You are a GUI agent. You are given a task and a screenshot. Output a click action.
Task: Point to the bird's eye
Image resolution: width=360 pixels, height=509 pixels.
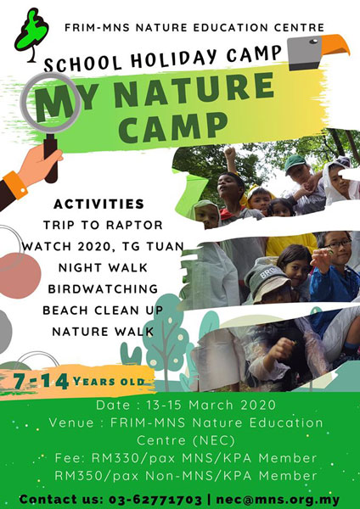tap(313, 42)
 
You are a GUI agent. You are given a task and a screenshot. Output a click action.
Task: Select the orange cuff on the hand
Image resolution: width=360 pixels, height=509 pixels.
tap(15, 185)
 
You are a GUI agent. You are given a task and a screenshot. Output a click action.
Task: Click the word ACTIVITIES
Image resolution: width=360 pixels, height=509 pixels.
tap(99, 204)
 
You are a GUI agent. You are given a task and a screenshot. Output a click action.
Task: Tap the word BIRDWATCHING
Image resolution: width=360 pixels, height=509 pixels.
tap(103, 289)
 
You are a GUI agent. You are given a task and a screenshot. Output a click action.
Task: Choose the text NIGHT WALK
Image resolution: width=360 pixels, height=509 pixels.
tap(103, 268)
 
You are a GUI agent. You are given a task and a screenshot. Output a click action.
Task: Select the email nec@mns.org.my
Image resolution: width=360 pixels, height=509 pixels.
tap(278, 500)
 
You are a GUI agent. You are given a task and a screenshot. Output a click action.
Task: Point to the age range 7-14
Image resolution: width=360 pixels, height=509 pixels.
tap(41, 381)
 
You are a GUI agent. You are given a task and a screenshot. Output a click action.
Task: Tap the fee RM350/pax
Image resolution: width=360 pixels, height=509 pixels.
tap(97, 476)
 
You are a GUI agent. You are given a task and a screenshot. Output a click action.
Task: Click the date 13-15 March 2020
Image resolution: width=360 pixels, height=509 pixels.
tap(211, 405)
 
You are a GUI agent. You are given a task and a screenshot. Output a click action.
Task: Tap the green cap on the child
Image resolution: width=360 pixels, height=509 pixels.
tap(295, 162)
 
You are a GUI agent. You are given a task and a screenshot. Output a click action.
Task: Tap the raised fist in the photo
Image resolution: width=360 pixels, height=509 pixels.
tap(230, 152)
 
